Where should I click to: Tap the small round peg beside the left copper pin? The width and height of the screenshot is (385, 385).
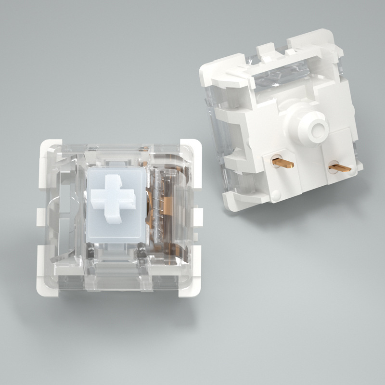tap(275, 194)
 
